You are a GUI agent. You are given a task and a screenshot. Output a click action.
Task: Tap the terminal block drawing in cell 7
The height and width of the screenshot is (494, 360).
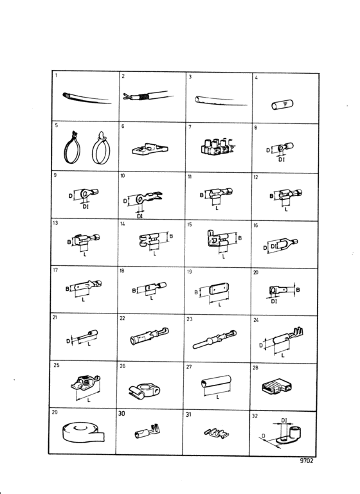pyautogui.click(x=218, y=146)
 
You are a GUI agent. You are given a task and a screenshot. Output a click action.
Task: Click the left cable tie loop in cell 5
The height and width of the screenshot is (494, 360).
pyautogui.click(x=72, y=148)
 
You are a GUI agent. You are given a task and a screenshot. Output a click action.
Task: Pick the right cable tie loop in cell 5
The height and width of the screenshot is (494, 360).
pyautogui.click(x=100, y=148)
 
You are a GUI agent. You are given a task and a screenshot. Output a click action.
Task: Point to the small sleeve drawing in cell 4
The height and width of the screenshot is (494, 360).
pyautogui.click(x=282, y=105)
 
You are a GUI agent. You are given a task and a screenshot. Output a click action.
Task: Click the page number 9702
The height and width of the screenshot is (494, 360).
pyautogui.click(x=307, y=461)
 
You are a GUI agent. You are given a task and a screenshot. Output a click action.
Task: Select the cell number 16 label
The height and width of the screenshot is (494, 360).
pyautogui.click(x=256, y=225)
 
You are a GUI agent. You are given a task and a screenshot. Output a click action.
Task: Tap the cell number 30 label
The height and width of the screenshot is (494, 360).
pyautogui.click(x=122, y=413)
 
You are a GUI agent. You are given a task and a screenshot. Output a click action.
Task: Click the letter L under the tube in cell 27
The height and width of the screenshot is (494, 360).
pyautogui.click(x=217, y=398)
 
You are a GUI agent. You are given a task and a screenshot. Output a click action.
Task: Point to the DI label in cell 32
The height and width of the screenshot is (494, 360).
pyautogui.click(x=284, y=420)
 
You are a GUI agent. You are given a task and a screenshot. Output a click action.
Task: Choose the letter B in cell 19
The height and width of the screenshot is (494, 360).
pyautogui.click(x=196, y=292)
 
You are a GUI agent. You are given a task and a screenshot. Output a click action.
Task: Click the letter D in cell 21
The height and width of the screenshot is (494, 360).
pyautogui.click(x=68, y=341)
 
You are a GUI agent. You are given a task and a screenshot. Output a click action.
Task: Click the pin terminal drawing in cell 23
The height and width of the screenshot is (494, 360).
pyautogui.click(x=215, y=340)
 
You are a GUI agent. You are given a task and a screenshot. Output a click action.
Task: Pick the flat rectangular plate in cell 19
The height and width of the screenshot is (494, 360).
pyautogui.click(x=219, y=288)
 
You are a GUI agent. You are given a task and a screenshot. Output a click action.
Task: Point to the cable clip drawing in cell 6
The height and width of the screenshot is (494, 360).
pyautogui.click(x=150, y=149)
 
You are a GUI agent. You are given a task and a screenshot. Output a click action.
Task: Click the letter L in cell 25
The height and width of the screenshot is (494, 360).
pyautogui.click(x=89, y=400)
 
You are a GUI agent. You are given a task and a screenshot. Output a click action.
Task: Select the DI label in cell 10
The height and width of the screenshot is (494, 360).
pyautogui.click(x=140, y=216)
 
